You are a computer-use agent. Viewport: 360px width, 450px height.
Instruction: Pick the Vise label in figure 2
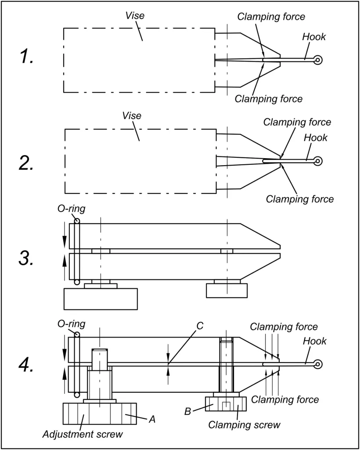[x=132, y=116]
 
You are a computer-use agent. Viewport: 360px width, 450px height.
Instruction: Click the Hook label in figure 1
[x=314, y=37]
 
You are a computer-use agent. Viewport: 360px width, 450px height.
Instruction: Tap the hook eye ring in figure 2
[x=318, y=161]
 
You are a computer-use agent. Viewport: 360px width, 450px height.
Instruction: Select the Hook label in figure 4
[x=315, y=341]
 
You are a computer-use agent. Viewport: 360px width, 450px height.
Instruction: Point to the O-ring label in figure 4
[x=71, y=323]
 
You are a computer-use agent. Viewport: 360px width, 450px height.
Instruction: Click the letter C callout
[x=199, y=326]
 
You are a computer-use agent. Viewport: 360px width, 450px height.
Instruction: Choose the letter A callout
[x=152, y=419]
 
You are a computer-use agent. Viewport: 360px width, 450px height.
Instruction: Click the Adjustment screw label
[x=83, y=435]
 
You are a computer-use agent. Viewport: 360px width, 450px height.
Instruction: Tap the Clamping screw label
[x=244, y=425]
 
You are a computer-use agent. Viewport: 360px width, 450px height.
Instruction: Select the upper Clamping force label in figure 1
[x=271, y=17]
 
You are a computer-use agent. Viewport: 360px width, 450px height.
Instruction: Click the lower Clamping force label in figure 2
[x=300, y=199]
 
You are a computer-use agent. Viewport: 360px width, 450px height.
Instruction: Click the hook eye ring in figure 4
[x=318, y=364]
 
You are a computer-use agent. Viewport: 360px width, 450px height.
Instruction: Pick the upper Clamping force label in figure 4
[x=283, y=327]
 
